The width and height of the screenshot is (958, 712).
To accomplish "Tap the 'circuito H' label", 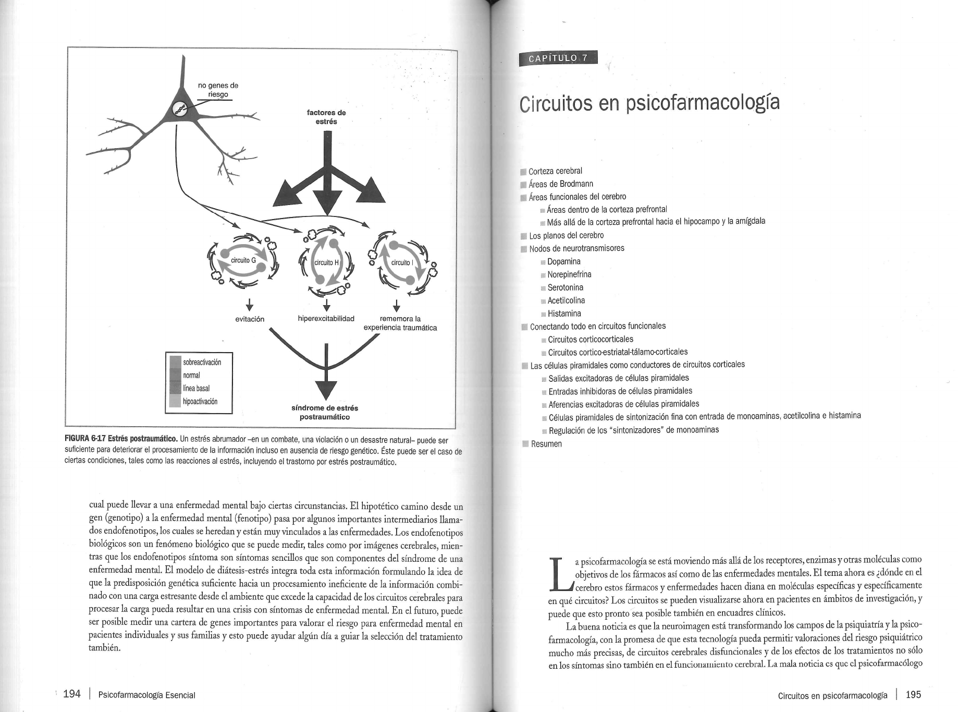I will (x=326, y=262).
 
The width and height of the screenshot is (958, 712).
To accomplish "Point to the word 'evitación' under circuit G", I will (x=250, y=319).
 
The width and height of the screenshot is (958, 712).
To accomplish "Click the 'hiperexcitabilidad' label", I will (x=326, y=318).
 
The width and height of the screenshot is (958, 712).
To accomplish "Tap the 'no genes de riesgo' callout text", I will (x=218, y=90).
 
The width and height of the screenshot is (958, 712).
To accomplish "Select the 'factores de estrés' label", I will (x=326, y=117).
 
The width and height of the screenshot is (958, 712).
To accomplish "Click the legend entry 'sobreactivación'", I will (x=202, y=362).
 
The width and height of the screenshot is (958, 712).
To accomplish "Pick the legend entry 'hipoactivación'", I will (x=200, y=401).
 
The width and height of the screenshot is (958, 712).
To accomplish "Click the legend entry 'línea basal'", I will (x=196, y=388).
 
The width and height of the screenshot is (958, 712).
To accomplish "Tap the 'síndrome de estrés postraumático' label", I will (x=325, y=412).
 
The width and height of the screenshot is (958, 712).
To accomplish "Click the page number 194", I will (x=72, y=694).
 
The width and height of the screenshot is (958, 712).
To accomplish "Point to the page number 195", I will (x=913, y=694).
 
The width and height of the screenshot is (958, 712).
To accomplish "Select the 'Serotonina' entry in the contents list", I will (x=565, y=287).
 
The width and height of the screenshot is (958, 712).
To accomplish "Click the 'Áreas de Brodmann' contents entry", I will (x=561, y=184).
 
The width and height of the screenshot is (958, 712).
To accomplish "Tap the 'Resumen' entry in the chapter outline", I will (x=546, y=444).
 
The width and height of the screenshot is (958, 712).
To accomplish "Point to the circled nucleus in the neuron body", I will (x=179, y=109).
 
